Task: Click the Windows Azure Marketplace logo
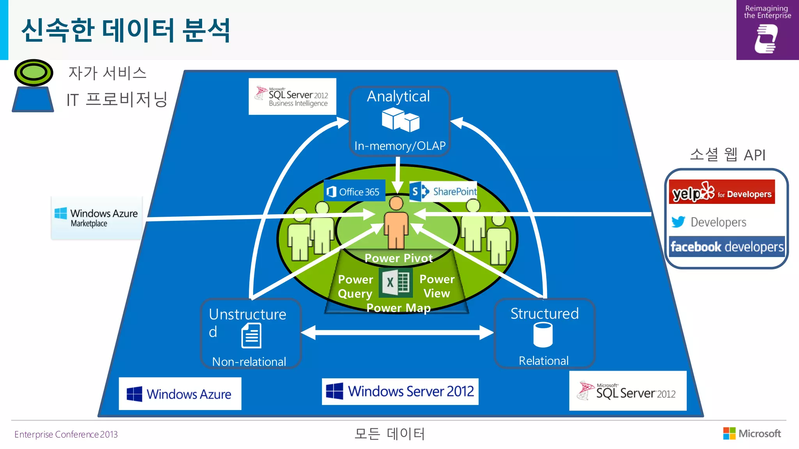96,218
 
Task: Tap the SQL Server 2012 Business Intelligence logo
292,97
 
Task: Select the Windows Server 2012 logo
400,391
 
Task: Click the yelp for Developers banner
722,192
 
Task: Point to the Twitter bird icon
678,222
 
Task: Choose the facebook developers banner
727,247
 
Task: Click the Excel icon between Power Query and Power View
395,283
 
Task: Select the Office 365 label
354,191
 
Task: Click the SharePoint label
444,191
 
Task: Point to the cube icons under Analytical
400,120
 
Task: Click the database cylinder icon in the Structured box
543,335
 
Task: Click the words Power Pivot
398,258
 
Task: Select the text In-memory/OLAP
400,146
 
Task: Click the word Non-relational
249,362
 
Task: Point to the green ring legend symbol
34,72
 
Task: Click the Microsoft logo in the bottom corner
752,433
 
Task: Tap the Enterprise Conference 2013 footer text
66,434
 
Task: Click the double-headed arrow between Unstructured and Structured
397,332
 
